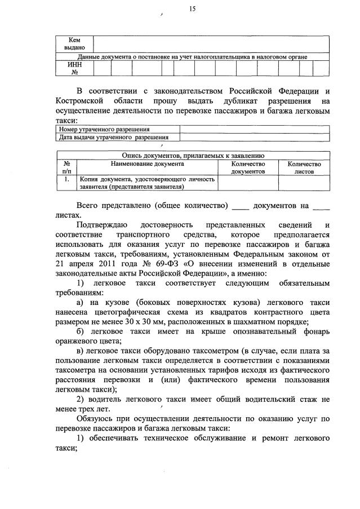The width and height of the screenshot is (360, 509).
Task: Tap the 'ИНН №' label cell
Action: click(x=74, y=68)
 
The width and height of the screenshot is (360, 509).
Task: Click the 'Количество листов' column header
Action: click(x=304, y=167)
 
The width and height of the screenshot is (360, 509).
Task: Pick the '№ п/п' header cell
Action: click(x=66, y=167)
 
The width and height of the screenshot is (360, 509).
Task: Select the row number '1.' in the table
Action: click(x=66, y=179)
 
